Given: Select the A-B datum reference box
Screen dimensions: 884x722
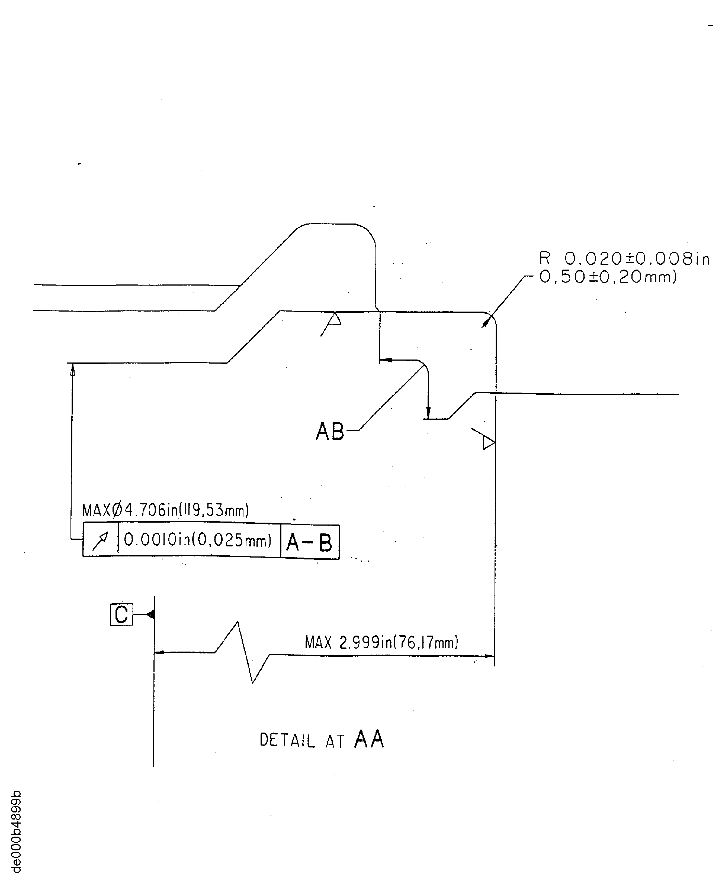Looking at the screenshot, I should [310, 542].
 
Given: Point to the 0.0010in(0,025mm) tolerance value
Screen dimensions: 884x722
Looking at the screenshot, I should [198, 540].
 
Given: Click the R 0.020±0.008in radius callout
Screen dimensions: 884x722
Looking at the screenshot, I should [624, 258].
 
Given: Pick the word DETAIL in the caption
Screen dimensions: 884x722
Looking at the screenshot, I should [287, 741].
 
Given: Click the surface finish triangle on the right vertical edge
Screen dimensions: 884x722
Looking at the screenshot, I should [488, 442].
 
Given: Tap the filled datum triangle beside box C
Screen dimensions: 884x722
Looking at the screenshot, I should [150, 614].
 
